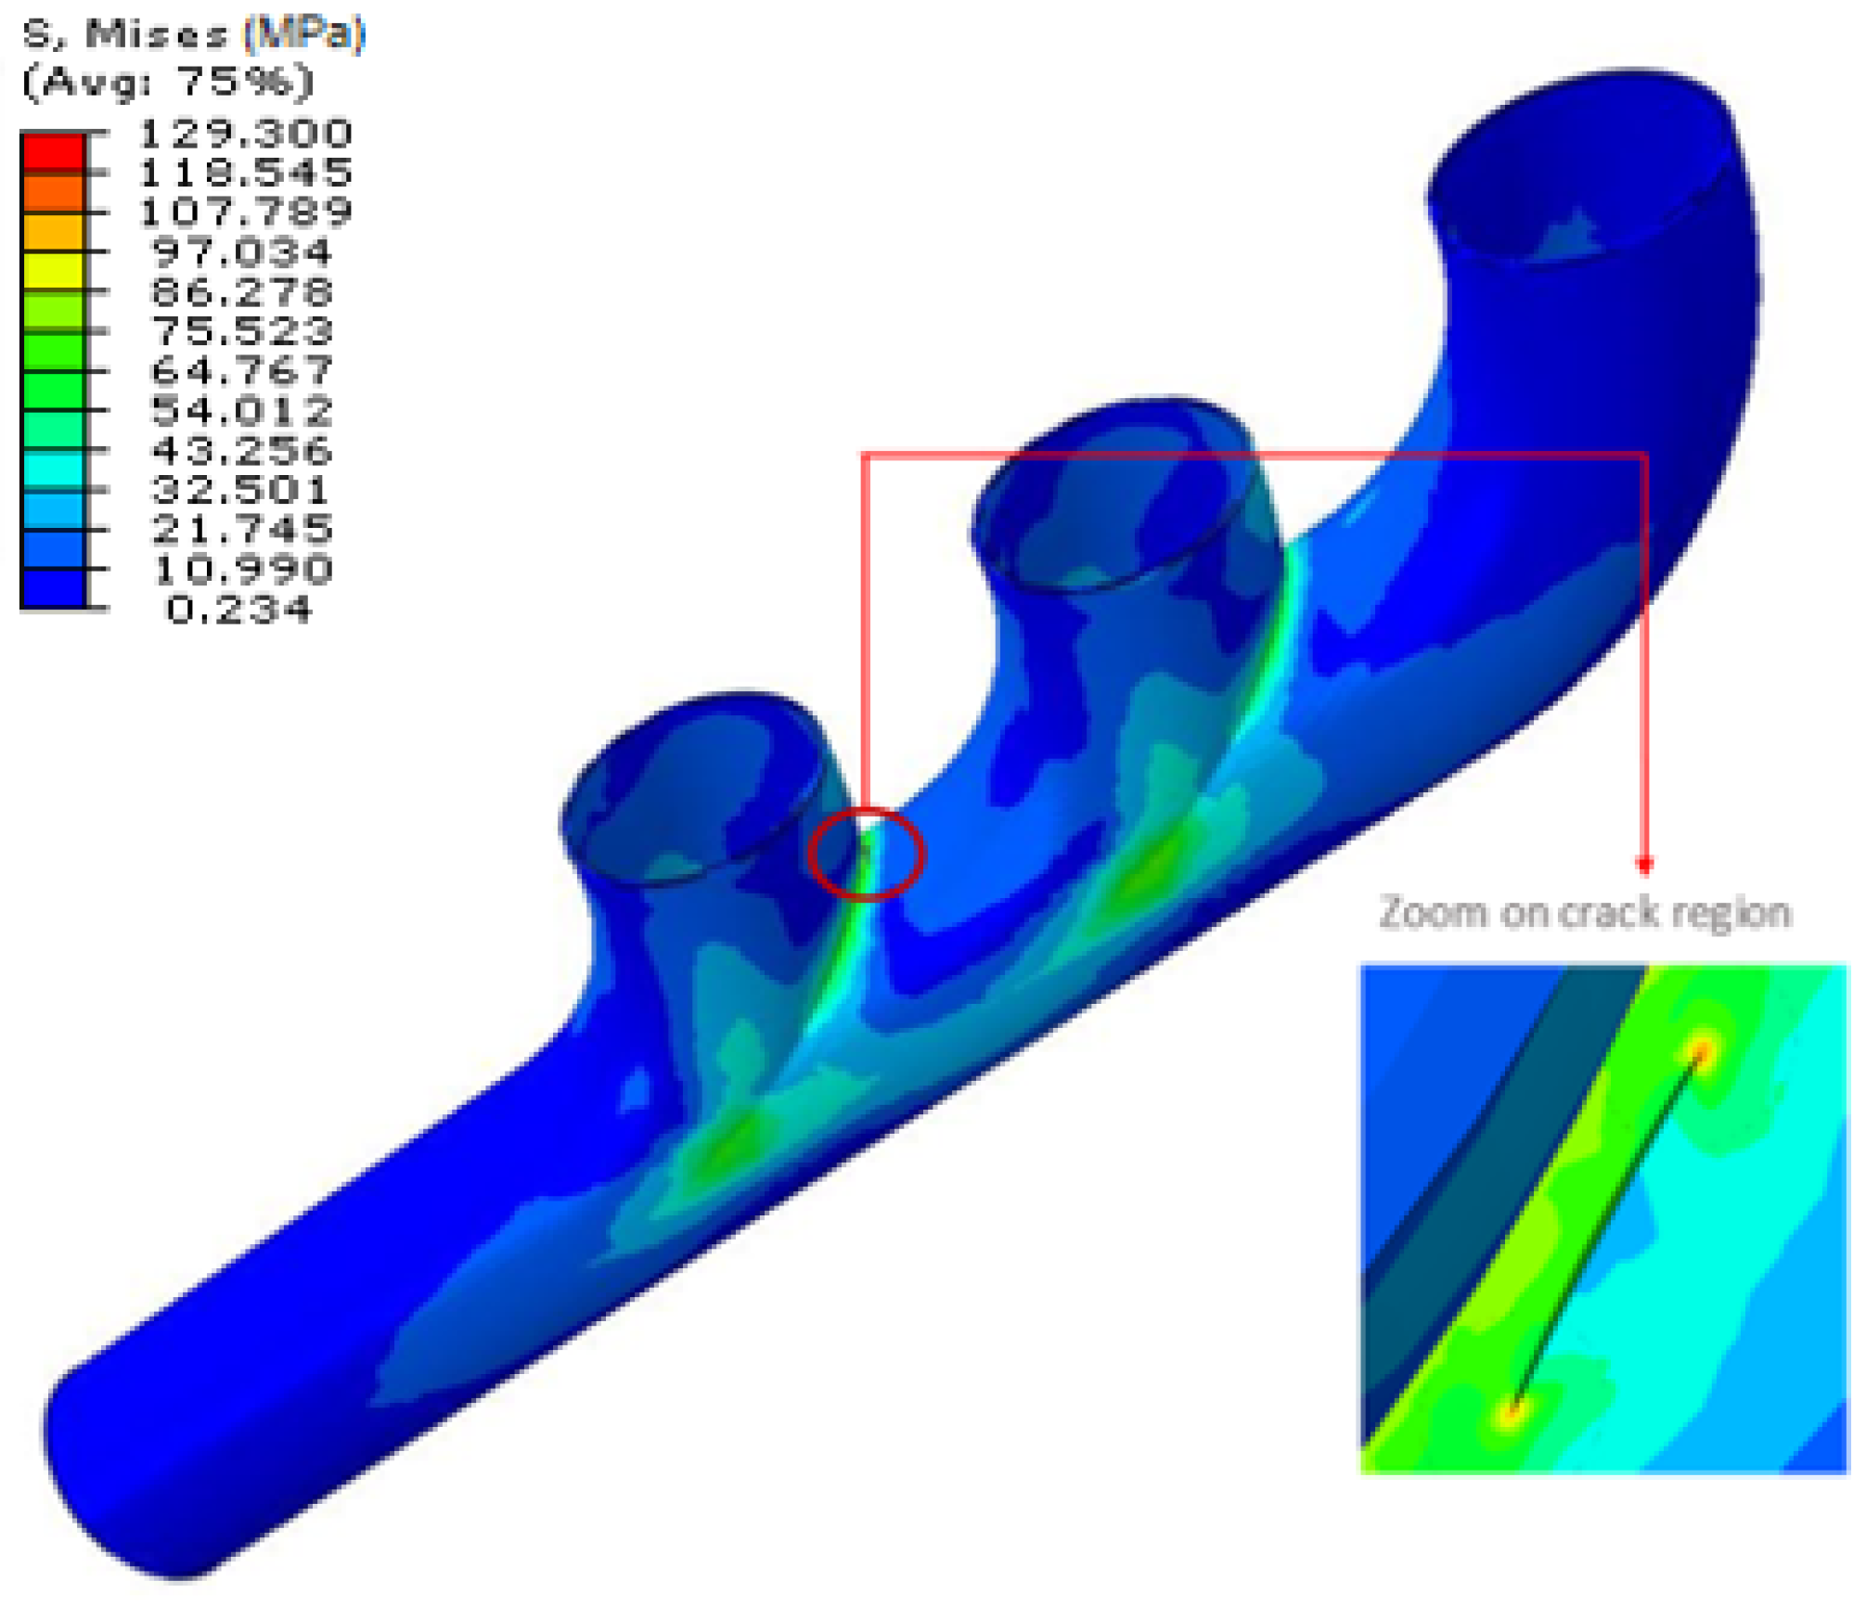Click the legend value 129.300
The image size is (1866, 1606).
[245, 134]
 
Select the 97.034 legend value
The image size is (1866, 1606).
[241, 252]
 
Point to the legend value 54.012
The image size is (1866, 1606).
[241, 410]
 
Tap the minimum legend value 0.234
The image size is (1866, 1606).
[239, 610]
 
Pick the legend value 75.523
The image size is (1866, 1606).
[241, 331]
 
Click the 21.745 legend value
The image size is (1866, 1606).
[241, 529]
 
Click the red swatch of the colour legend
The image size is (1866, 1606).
[53, 153]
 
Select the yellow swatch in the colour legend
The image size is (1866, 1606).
[53, 272]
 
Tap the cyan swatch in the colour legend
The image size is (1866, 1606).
[53, 469]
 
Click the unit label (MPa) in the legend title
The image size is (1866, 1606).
[304, 34]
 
